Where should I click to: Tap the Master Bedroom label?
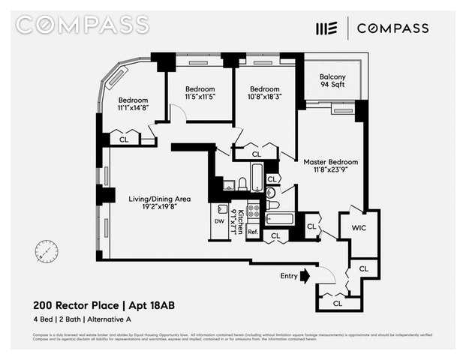pyautogui.click(x=330, y=166)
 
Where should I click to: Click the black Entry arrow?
pyautogui.click(x=305, y=276)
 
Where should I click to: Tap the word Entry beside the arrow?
pyautogui.click(x=289, y=276)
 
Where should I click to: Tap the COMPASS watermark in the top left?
pyautogui.click(x=83, y=24)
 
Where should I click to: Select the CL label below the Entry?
pyautogui.click(x=338, y=304)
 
